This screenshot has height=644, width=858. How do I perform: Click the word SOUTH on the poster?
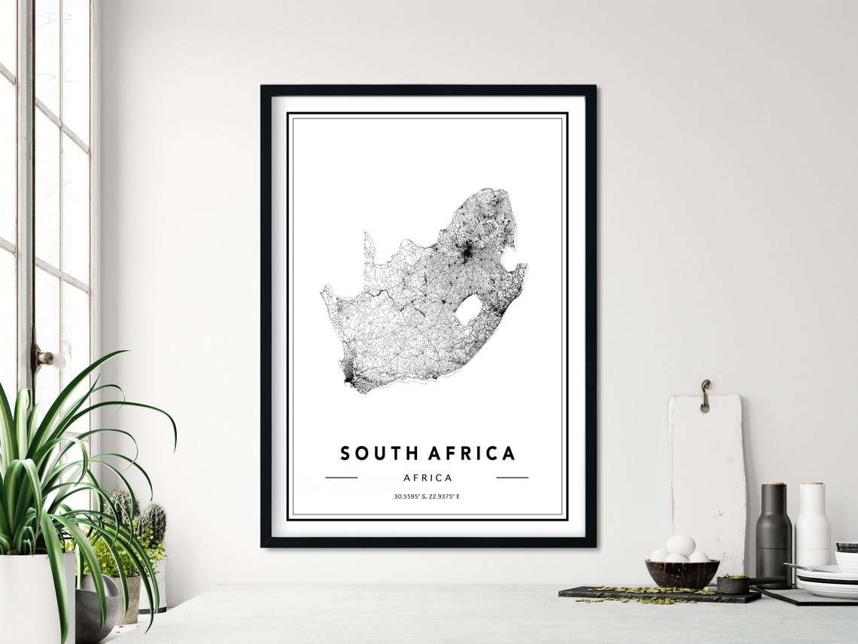[379, 453]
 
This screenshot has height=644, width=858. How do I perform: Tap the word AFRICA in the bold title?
[472, 453]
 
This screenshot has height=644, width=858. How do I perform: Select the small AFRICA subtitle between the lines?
[427, 478]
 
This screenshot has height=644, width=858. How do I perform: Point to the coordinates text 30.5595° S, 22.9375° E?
[427, 496]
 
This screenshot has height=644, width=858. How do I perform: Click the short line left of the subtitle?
[341, 478]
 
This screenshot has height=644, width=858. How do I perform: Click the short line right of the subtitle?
[512, 478]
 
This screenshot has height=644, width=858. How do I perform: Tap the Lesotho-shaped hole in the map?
[468, 309]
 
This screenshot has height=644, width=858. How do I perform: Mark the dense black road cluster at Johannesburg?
[467, 253]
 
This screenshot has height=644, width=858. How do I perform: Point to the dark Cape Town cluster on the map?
[347, 374]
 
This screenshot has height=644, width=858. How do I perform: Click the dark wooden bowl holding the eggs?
[681, 574]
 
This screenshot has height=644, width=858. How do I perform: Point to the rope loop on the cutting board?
[704, 394]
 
